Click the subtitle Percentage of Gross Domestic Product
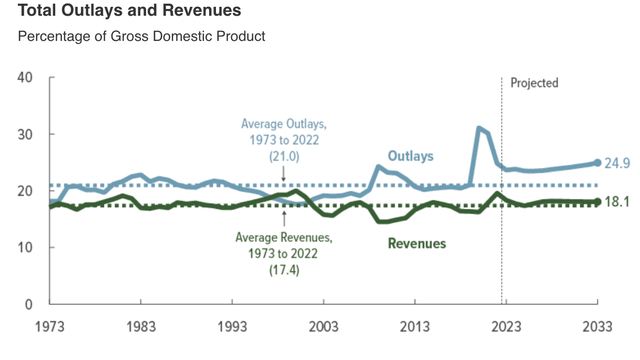pyautogui.click(x=140, y=37)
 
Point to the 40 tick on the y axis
pyautogui.click(x=24, y=78)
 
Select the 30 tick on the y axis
pyautogui.click(x=24, y=134)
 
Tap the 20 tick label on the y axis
pyautogui.click(x=24, y=191)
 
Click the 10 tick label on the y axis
pyautogui.click(x=24, y=247)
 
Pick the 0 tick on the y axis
pyautogui.click(x=28, y=304)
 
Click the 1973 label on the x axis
pyautogui.click(x=50, y=327)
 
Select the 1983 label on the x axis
pyautogui.click(x=141, y=327)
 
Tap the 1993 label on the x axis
pyautogui.click(x=232, y=327)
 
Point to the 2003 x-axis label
pyautogui.click(x=323, y=327)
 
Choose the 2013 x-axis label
pyautogui.click(x=414, y=327)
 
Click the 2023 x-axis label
pyautogui.click(x=505, y=327)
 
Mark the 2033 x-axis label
pyautogui.click(x=596, y=327)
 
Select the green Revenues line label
pyautogui.click(x=415, y=243)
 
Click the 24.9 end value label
pyautogui.click(x=618, y=162)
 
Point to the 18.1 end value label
pyautogui.click(x=618, y=201)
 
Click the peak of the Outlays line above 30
pyautogui.click(x=479, y=128)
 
